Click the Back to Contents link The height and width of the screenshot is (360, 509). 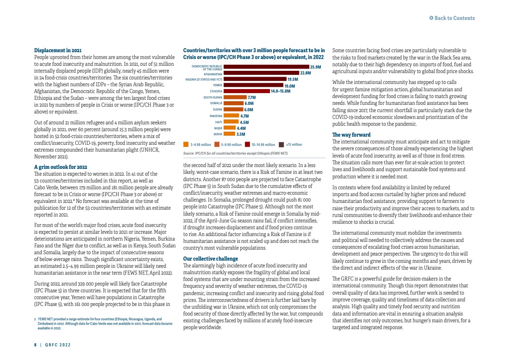coord(452,18)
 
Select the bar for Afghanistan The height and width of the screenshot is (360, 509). coord(261,73)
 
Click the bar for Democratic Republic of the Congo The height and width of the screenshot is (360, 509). coord(266,67)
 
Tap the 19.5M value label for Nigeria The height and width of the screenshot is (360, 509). coord(293,79)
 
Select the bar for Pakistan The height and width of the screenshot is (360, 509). coord(231,116)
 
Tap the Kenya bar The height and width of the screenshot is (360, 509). coord(230,134)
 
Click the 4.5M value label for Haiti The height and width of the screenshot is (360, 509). coord(244,122)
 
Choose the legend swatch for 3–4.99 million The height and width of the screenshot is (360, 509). coord(186,144)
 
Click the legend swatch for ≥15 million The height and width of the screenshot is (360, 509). coord(281,144)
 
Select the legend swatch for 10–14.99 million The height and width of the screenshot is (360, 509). coord(248,144)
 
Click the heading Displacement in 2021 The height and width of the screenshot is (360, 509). coord(58,50)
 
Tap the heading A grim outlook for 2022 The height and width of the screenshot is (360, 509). coord(61,167)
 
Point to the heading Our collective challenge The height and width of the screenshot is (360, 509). coord(210,259)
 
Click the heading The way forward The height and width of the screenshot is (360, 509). coord(351,135)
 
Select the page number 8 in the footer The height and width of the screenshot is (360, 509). coord(35,345)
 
